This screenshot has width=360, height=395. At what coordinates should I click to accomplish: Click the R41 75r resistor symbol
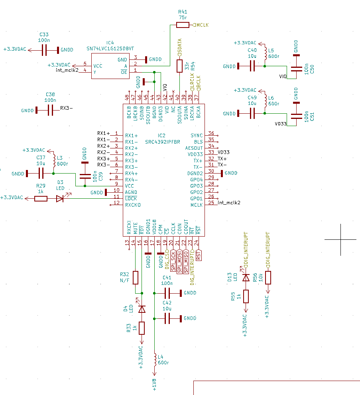[183, 25]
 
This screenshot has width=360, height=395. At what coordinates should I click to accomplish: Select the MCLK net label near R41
[201, 25]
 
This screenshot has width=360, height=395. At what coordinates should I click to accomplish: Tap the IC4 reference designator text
[110, 43]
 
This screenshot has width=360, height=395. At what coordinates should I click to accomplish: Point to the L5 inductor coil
[265, 53]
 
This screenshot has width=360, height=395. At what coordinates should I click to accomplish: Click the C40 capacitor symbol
[252, 66]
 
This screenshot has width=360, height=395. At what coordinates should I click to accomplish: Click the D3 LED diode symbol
[60, 199]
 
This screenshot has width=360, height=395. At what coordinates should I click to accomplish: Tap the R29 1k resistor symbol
[41, 199]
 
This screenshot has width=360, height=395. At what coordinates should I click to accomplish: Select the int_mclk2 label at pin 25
[229, 203]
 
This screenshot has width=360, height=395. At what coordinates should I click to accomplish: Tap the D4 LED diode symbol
[142, 309]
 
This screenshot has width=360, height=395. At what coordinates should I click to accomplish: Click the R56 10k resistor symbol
[268, 277]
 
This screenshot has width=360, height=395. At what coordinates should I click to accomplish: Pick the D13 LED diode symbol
[246, 277]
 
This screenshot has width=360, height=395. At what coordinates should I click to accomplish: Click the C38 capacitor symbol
[50, 111]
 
